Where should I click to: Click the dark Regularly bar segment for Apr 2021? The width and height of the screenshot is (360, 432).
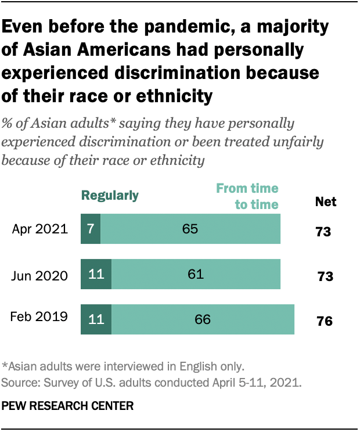click(91, 229)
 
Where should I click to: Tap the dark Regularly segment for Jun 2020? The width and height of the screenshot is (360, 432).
click(96, 274)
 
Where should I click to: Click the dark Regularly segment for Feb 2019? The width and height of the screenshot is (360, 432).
click(96, 319)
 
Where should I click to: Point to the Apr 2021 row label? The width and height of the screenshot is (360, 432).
click(40, 229)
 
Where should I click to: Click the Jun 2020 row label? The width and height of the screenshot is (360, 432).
click(39, 275)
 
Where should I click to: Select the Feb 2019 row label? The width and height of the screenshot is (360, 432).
click(39, 317)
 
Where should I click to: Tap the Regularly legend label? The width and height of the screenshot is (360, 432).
click(110, 195)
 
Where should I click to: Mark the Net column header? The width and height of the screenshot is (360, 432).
click(325, 202)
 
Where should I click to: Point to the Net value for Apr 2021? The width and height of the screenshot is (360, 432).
click(323, 232)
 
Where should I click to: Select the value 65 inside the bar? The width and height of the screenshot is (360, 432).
click(190, 229)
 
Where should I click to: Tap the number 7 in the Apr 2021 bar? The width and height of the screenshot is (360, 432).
click(91, 229)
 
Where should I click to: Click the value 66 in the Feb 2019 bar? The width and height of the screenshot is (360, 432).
click(203, 319)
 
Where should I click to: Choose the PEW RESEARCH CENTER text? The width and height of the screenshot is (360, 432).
click(67, 405)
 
